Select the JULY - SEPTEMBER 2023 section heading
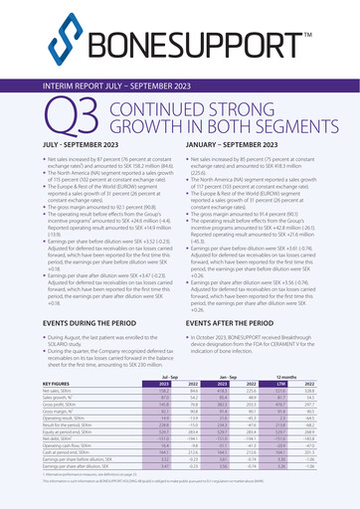tap(86, 146)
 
